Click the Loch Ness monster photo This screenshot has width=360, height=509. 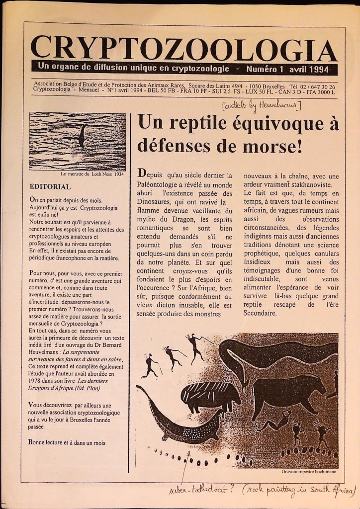[77, 141]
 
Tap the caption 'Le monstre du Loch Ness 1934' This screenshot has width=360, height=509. [91, 174]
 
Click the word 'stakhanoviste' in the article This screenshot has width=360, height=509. [307, 184]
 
